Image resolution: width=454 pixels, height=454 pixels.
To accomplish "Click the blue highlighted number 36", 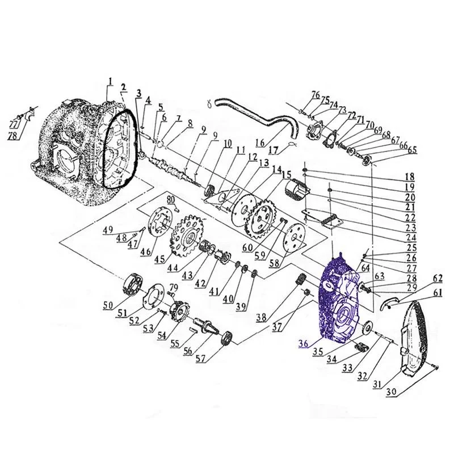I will (304, 343).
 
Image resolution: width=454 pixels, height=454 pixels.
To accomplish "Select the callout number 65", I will (412, 149).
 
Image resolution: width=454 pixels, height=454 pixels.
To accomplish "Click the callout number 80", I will (170, 199).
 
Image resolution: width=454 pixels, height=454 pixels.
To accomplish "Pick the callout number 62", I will (437, 278).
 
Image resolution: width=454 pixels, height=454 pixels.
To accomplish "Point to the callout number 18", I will (409, 176).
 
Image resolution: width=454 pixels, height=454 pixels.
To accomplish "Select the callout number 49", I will (107, 230).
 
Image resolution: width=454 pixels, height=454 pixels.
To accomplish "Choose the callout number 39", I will (241, 307).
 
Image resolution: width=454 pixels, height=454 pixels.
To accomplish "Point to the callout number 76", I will (315, 95).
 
